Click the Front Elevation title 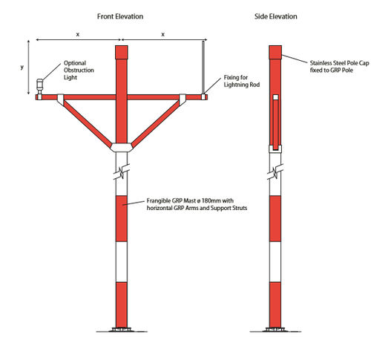tap(120, 16)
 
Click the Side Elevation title tap(276, 16)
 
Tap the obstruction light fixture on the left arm tap(39, 87)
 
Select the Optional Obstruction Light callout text tap(79, 70)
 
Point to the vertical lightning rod tap(203, 68)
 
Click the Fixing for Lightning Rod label tap(242, 81)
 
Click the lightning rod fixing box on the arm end tap(203, 96)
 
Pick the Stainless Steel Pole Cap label tap(339, 67)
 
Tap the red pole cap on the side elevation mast tap(275, 52)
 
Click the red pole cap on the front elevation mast tap(122, 52)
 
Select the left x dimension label tap(78, 34)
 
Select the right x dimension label tap(162, 34)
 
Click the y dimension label tap(22, 67)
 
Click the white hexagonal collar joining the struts tap(122, 148)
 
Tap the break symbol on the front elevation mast tap(122, 171)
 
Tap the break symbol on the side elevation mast tap(275, 171)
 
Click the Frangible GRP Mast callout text tap(197, 204)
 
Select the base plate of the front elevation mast tap(122, 330)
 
